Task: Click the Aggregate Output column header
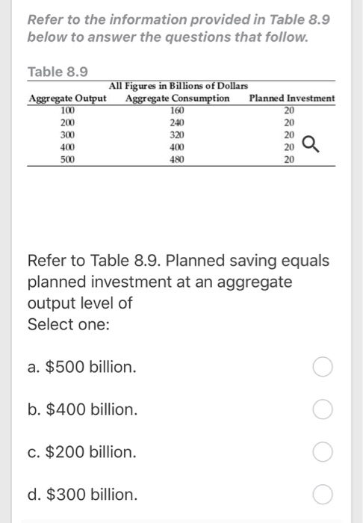[x=66, y=99]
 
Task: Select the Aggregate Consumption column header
[x=178, y=99]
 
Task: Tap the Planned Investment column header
[x=292, y=99]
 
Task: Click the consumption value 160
[x=177, y=111]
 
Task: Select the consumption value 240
[x=177, y=123]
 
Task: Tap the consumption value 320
[x=177, y=134]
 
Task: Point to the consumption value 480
[x=177, y=159]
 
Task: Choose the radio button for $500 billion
[x=323, y=368]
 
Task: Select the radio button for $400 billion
[x=323, y=410]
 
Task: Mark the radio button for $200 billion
[x=323, y=452]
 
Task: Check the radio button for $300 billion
[x=323, y=495]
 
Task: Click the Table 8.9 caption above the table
[x=58, y=72]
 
